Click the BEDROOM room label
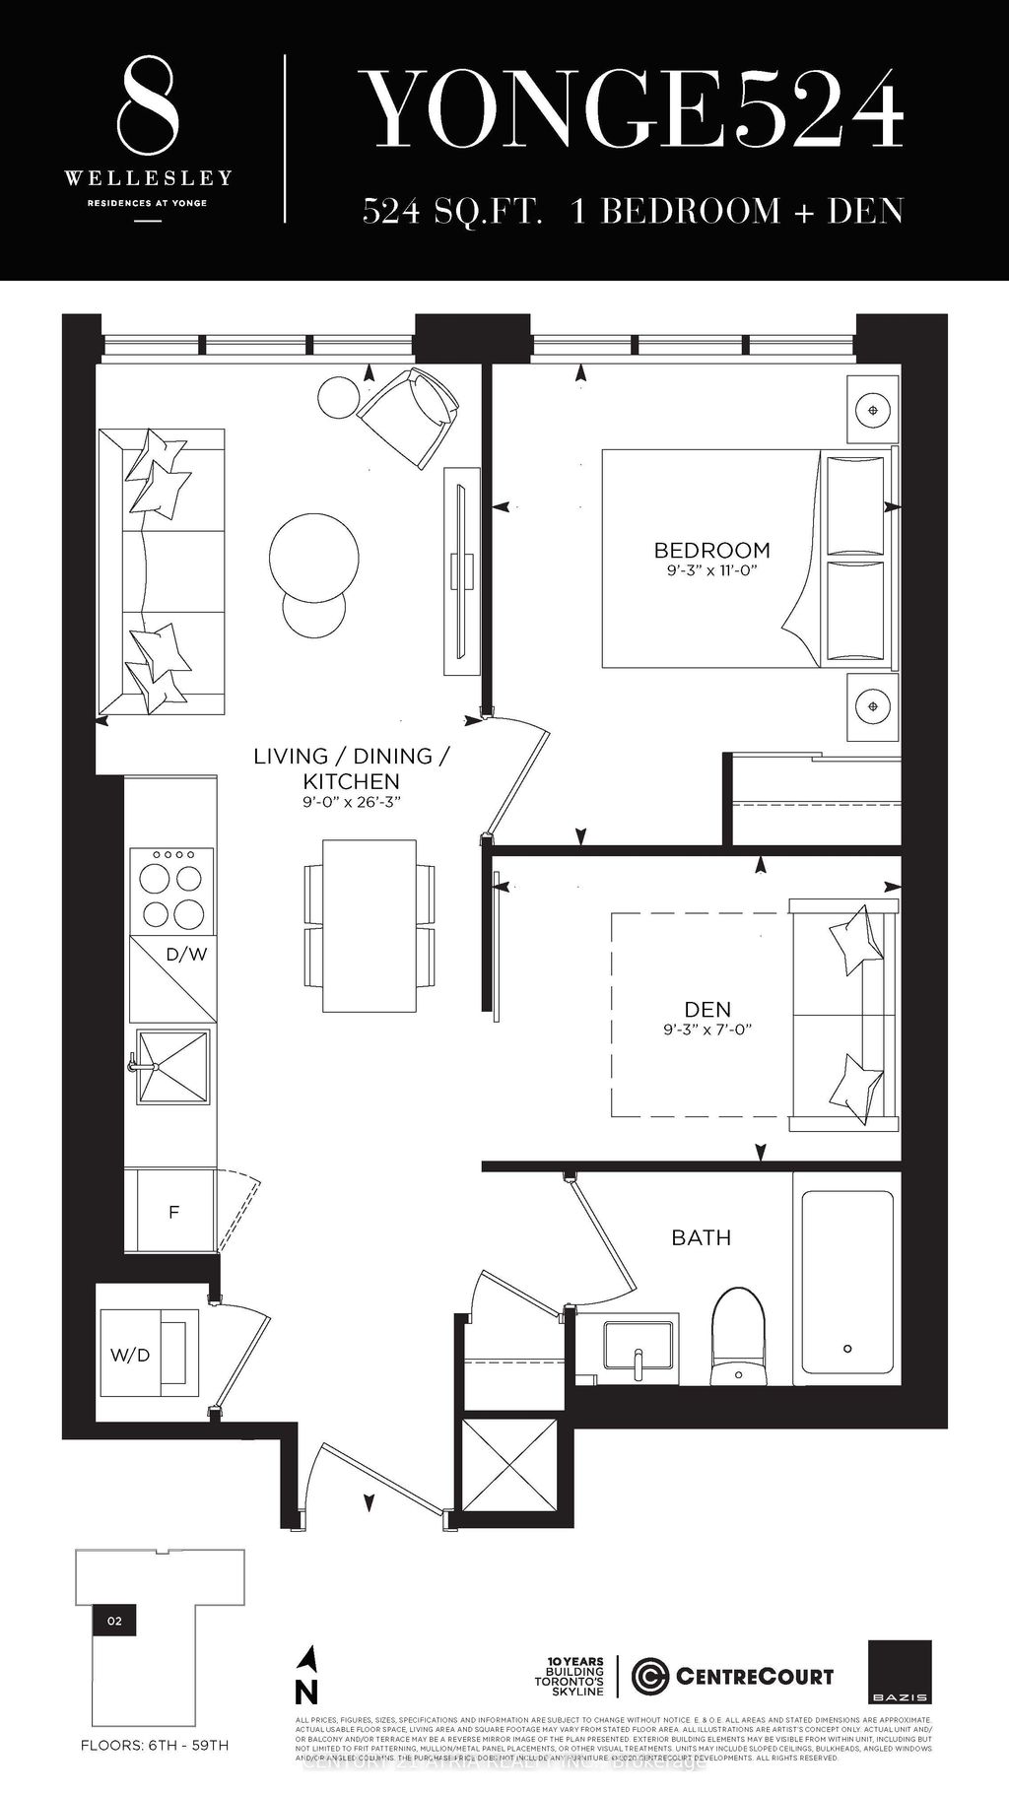click(712, 550)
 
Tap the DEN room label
click(707, 1009)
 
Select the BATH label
click(701, 1237)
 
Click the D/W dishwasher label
click(186, 954)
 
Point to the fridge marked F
click(173, 1212)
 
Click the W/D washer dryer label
click(130, 1355)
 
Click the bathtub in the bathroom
click(847, 1281)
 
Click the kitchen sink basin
click(173, 1067)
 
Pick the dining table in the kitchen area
click(370, 925)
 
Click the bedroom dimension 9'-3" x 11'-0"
click(712, 570)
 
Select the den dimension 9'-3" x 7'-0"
click(707, 1030)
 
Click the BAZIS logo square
click(900, 1672)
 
